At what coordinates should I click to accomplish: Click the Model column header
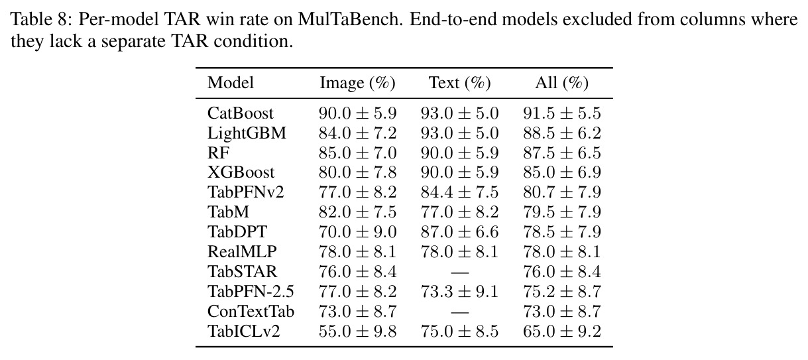pyautogui.click(x=231, y=83)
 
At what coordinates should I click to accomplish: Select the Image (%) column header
pyautogui.click(x=357, y=83)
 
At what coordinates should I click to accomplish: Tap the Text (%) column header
pyautogui.click(x=459, y=83)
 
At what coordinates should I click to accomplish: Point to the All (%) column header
pyautogui.click(x=561, y=83)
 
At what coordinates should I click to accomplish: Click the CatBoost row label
pyautogui.click(x=240, y=113)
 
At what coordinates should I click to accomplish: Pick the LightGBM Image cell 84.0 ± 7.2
pyautogui.click(x=357, y=133)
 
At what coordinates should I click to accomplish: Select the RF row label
pyautogui.click(x=218, y=153)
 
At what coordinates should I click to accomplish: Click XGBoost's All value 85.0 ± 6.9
pyautogui.click(x=562, y=172)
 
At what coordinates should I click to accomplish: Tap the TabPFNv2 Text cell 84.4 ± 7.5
pyautogui.click(x=459, y=192)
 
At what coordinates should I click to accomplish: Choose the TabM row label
pyautogui.click(x=228, y=211)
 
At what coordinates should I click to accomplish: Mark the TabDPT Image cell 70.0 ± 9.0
pyautogui.click(x=357, y=231)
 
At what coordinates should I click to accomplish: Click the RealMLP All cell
pyautogui.click(x=562, y=251)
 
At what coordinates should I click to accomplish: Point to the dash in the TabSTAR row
pyautogui.click(x=460, y=272)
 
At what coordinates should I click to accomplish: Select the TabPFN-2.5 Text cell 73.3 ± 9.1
pyautogui.click(x=459, y=291)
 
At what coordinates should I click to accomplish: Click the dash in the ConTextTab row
pyautogui.click(x=460, y=312)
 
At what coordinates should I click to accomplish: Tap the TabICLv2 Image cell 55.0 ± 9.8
pyautogui.click(x=357, y=331)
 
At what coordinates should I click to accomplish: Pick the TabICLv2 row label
pyautogui.click(x=243, y=331)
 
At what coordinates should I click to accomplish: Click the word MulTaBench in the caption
pyautogui.click(x=350, y=19)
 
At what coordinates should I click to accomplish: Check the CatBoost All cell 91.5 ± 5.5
pyautogui.click(x=562, y=113)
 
